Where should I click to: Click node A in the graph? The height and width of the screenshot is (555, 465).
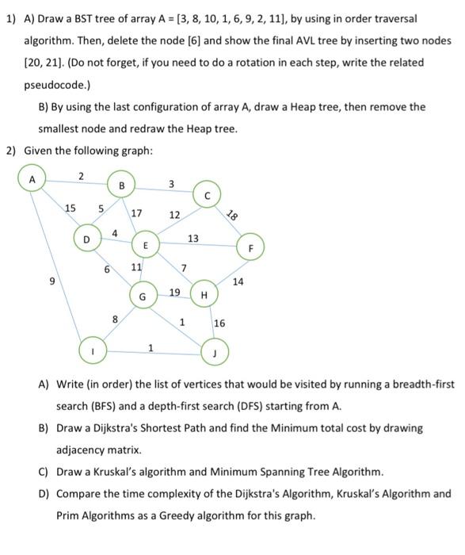tap(32, 179)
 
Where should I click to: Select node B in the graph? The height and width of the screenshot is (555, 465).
tap(121, 186)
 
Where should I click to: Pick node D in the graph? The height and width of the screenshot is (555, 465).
tap(86, 238)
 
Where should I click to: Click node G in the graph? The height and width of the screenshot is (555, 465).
tap(143, 297)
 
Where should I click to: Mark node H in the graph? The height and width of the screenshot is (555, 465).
tap(204, 295)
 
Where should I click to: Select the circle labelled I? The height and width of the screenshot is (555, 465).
tap(92, 350)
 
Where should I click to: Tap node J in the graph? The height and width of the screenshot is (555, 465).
tap(214, 351)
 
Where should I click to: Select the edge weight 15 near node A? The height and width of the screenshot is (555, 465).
tap(71, 208)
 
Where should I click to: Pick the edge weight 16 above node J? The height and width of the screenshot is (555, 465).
tap(219, 323)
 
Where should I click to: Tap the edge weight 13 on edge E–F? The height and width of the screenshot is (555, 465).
tap(192, 238)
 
